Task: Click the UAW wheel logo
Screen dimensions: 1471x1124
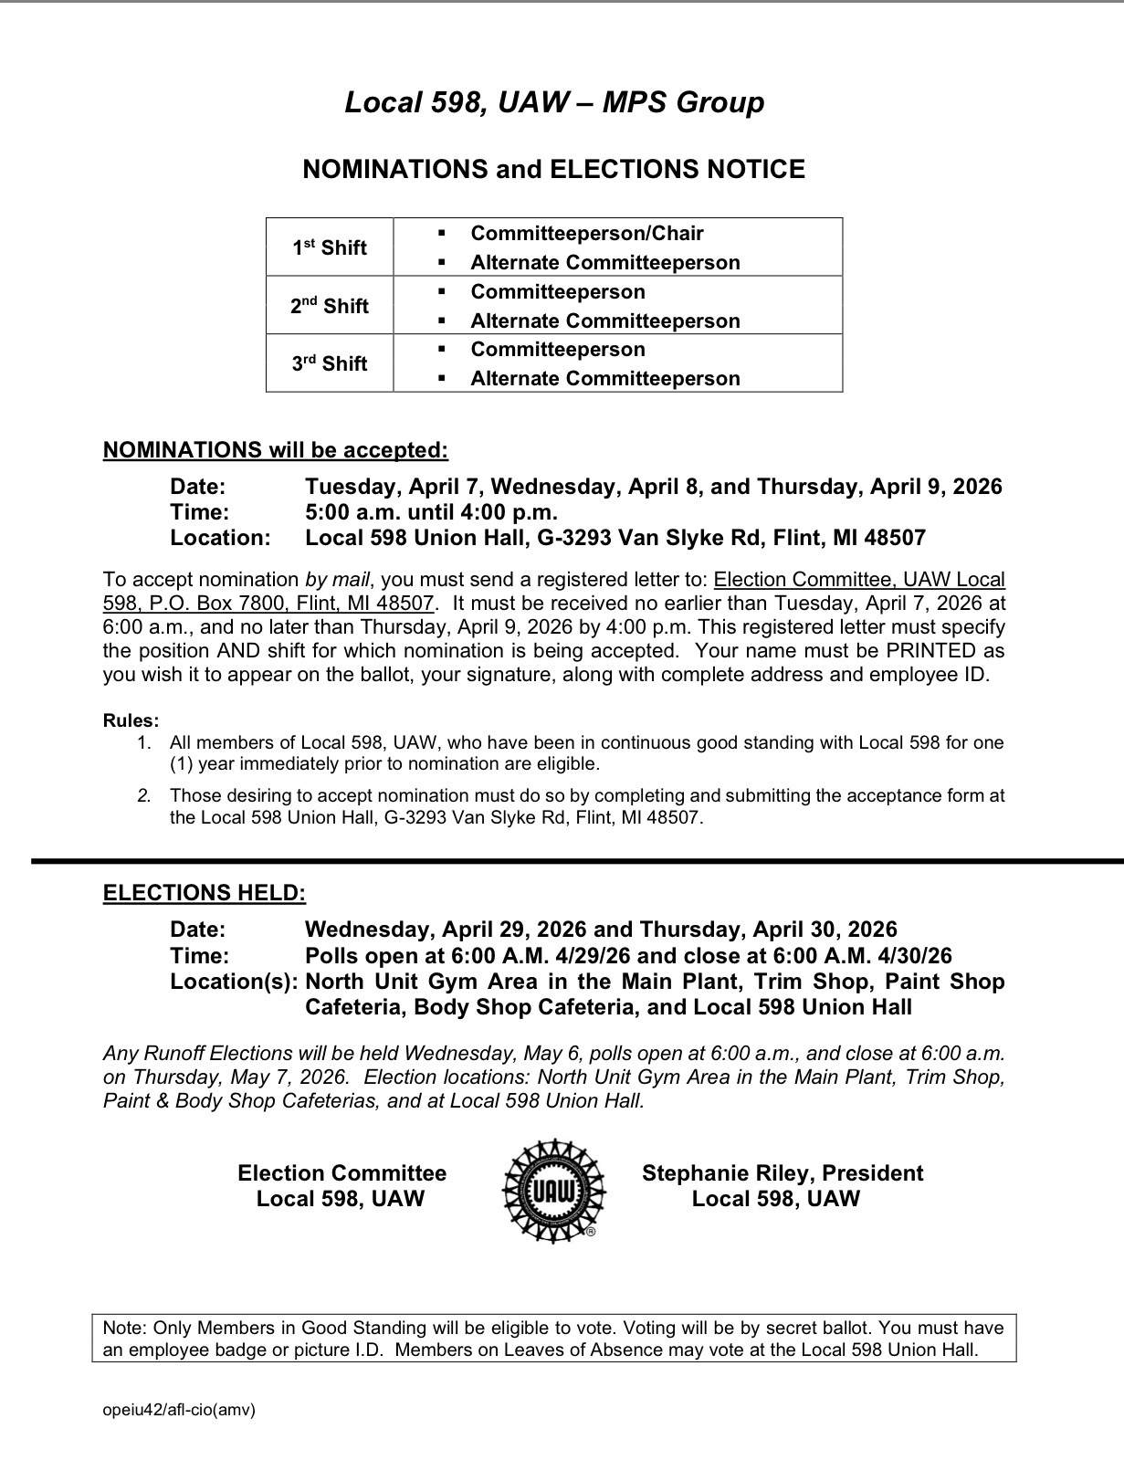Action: click(x=553, y=1190)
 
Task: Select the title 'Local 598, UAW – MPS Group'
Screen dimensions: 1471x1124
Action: click(x=554, y=102)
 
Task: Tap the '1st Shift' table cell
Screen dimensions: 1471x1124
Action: click(x=330, y=247)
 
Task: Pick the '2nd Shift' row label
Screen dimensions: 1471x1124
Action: click(x=330, y=306)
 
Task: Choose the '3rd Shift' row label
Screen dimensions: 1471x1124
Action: click(x=330, y=363)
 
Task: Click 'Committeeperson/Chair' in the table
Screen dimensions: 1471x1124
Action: click(x=587, y=234)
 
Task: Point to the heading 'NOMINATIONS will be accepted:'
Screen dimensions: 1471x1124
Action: click(x=276, y=450)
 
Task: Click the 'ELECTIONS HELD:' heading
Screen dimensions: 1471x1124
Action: click(x=205, y=893)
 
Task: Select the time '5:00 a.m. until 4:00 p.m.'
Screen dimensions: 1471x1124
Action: click(x=431, y=512)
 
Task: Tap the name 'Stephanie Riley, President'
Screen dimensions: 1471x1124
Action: click(x=783, y=1173)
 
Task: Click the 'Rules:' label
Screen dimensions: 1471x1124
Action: click(x=131, y=720)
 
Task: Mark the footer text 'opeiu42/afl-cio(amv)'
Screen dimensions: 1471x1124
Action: click(x=179, y=1410)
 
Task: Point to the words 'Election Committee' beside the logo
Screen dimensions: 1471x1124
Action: click(x=342, y=1173)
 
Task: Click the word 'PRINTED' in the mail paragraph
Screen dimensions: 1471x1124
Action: click(x=930, y=651)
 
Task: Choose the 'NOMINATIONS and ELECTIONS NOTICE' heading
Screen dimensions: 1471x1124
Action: click(x=553, y=170)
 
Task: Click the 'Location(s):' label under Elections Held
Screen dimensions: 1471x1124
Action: click(x=234, y=982)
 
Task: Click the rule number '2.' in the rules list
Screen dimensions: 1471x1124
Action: click(x=144, y=795)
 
